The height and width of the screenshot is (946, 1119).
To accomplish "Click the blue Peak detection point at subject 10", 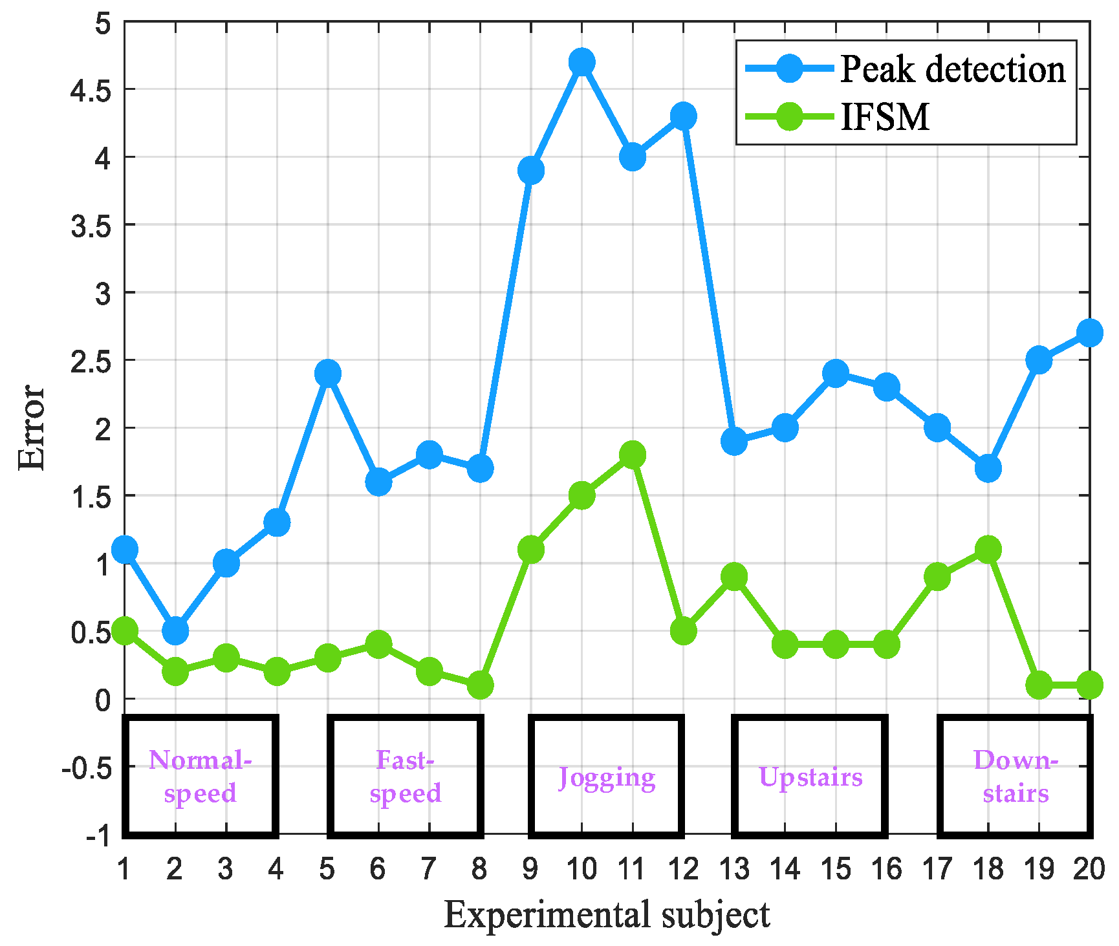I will coord(581,62).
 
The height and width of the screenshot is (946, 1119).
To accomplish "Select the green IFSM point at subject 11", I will coord(632,455).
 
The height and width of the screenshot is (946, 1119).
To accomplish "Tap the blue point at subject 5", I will coord(328,373).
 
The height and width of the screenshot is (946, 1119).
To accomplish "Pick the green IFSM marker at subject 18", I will coord(988,550).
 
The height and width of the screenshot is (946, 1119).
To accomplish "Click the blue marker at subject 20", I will coord(1089,332).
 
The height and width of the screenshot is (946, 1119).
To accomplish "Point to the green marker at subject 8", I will coord(480,685).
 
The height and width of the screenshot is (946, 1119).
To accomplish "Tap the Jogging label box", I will coord(607,777).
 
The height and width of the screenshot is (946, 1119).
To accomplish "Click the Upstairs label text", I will coord(810,777).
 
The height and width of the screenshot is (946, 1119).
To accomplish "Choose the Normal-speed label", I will coord(200,777).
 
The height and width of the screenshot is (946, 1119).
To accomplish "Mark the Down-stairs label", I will coord(1016,777).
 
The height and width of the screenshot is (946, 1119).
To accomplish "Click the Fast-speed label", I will coord(406,777).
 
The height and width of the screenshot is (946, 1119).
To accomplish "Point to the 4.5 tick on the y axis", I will coord(91,90).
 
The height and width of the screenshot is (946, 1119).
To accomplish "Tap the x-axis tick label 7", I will coord(429,869).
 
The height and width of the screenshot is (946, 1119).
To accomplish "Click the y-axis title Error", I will coord(31,427).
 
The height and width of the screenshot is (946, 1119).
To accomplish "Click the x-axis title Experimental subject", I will coord(607,916).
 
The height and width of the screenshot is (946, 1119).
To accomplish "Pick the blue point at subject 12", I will coord(683,116).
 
